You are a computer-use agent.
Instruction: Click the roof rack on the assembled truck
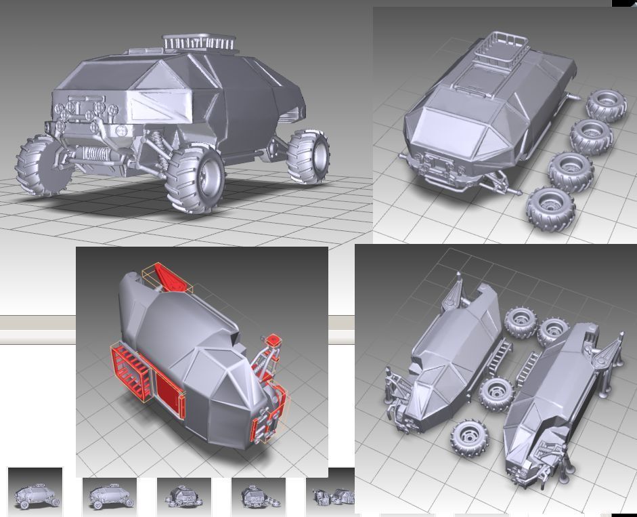pos(200,43)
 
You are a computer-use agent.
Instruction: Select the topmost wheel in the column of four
pos(605,105)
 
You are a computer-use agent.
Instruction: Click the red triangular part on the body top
pos(169,277)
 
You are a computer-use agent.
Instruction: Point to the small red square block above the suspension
pos(273,340)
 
